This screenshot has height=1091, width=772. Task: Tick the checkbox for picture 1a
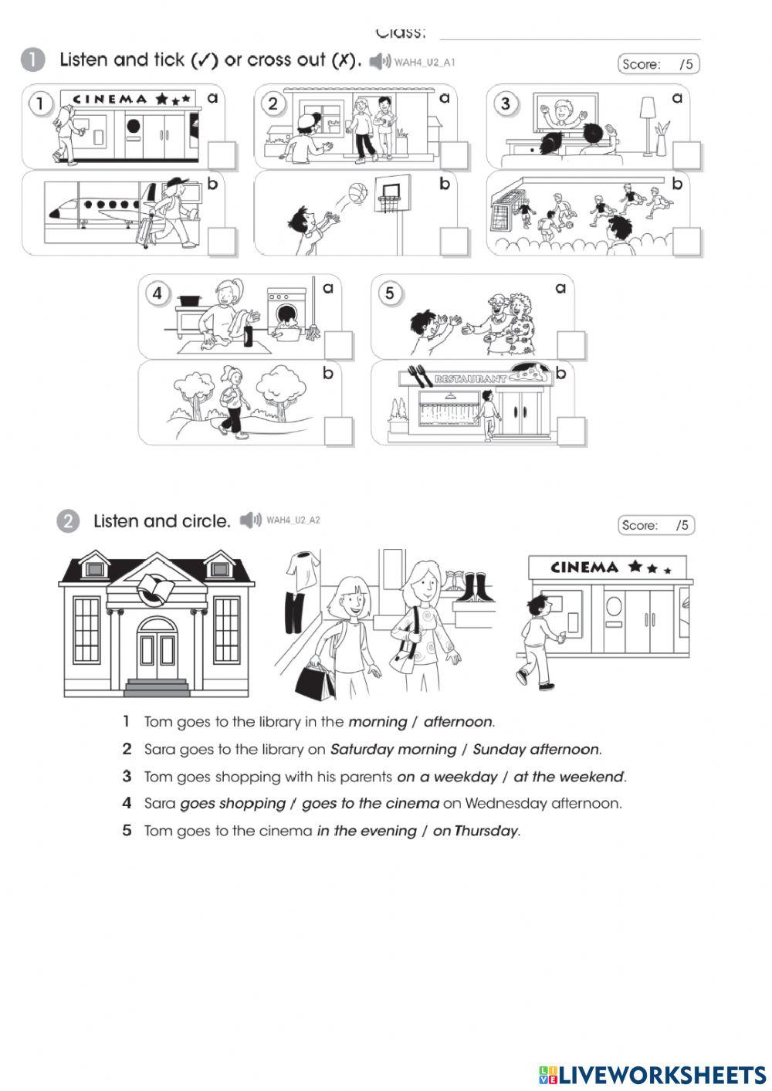(x=222, y=155)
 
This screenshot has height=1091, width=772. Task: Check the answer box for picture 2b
(x=454, y=241)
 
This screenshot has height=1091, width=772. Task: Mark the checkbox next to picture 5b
(x=571, y=431)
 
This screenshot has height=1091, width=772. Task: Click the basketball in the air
(x=356, y=192)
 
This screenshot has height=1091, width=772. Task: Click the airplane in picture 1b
(x=100, y=207)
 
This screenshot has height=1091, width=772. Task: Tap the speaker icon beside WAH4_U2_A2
(x=250, y=520)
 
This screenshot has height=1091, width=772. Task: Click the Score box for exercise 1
(x=659, y=64)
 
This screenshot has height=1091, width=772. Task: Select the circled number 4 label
(x=157, y=293)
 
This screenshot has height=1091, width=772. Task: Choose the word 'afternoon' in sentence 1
(x=457, y=722)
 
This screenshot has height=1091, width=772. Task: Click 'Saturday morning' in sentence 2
(x=393, y=749)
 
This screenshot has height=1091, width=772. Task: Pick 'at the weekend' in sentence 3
(x=567, y=776)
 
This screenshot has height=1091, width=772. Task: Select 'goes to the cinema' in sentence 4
(x=370, y=803)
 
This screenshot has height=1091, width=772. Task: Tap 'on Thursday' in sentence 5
(x=476, y=831)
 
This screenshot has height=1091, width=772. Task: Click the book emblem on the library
(x=157, y=591)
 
